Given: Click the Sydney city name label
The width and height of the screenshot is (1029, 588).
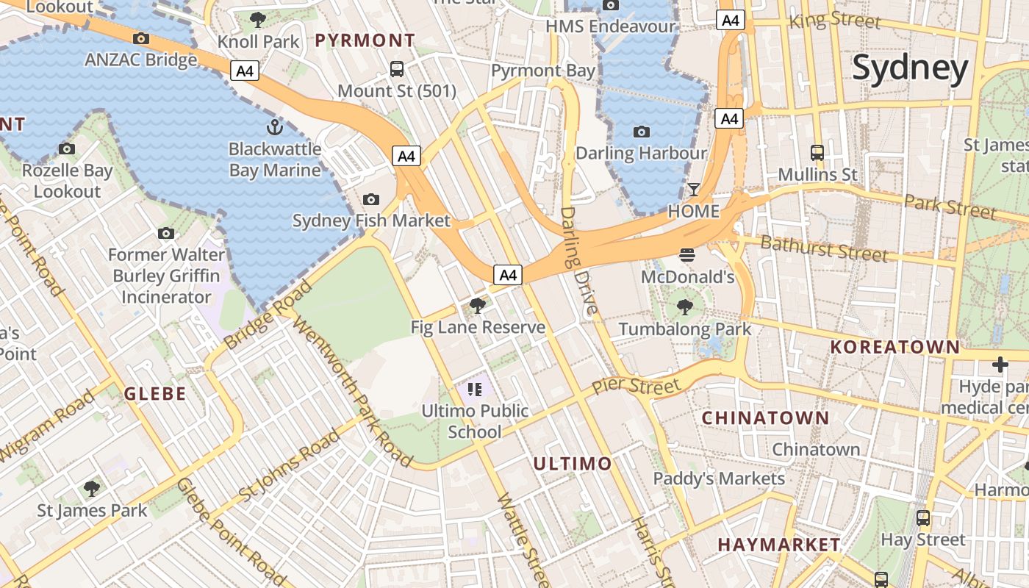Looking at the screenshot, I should click(910, 68).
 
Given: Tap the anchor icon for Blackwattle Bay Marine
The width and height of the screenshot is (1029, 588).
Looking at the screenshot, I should click(274, 127).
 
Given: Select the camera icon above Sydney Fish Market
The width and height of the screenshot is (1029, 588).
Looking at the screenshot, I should click(371, 199).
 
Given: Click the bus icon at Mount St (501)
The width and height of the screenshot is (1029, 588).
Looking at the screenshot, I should click(397, 69).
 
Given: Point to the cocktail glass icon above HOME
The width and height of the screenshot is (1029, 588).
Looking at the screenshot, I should click(694, 190).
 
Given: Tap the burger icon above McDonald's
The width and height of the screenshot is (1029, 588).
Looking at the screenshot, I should click(687, 255).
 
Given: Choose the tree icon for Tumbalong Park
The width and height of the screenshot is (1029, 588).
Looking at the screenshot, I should click(685, 306).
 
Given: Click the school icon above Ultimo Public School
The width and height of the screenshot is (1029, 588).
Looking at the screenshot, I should click(474, 389).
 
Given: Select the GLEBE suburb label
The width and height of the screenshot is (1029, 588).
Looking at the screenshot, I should click(154, 393).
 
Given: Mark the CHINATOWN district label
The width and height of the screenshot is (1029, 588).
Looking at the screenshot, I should click(765, 418).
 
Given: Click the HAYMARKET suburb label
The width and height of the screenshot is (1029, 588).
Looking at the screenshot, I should click(779, 545).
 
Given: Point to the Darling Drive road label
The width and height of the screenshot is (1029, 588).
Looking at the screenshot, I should click(579, 261).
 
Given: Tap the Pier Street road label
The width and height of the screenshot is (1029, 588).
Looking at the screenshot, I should click(636, 386).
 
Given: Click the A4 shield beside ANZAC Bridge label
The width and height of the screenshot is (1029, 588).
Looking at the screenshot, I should click(245, 71).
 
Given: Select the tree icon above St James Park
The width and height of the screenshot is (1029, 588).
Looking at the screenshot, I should click(92, 488).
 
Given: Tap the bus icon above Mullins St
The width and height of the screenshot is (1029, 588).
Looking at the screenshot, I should click(817, 153).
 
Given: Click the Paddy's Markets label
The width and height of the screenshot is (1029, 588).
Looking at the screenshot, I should click(719, 478).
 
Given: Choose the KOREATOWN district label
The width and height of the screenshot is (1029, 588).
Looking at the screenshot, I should click(894, 347).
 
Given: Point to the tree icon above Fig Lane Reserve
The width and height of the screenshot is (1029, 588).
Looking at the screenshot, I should click(478, 305).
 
